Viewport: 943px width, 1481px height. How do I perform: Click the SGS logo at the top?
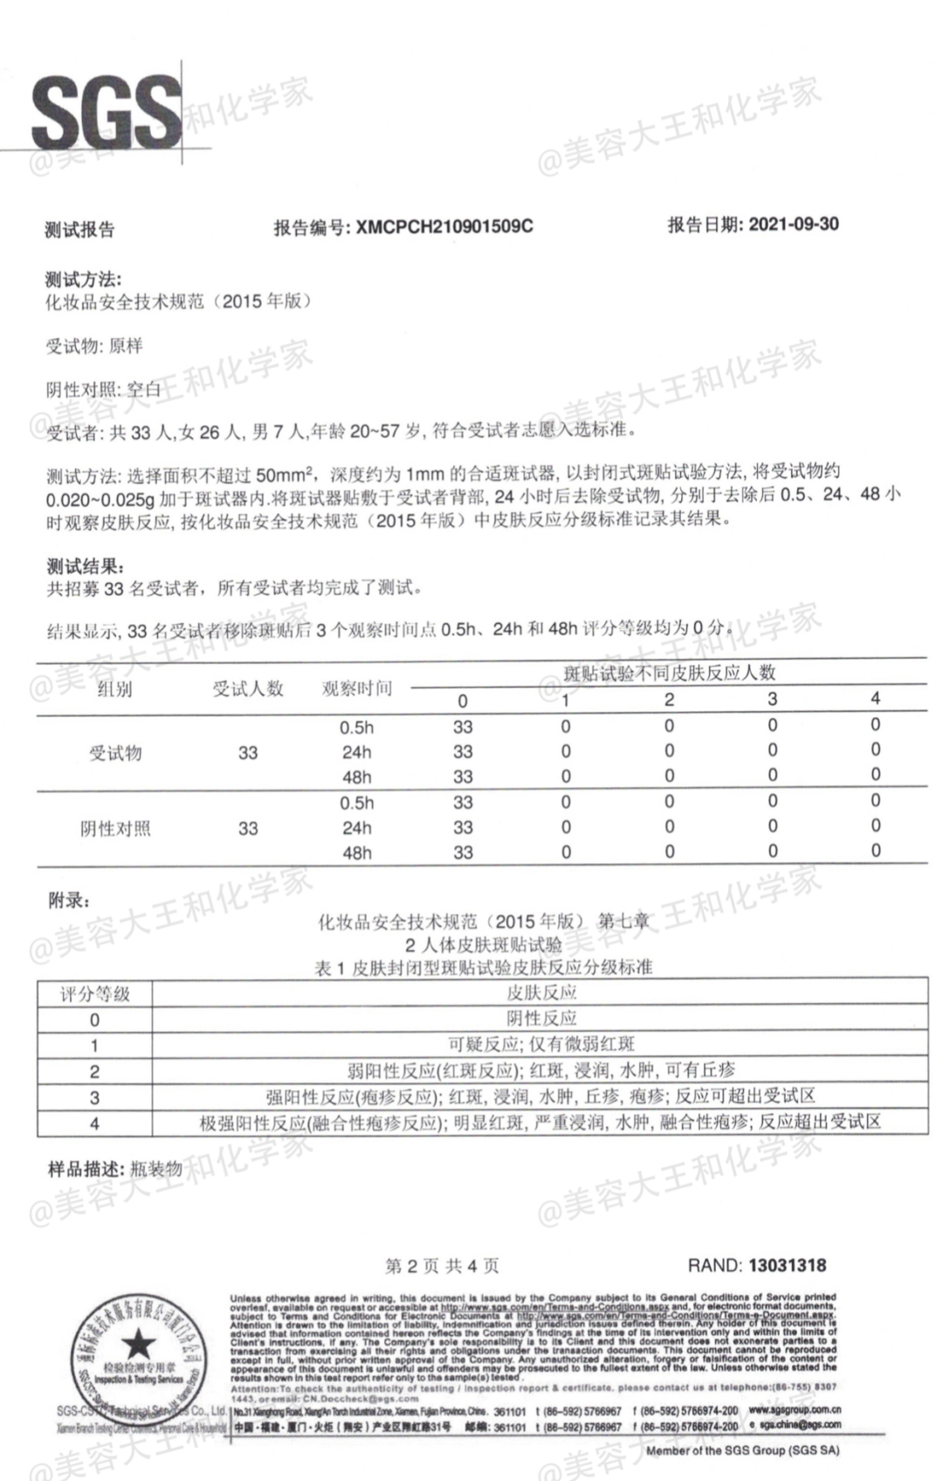(107, 113)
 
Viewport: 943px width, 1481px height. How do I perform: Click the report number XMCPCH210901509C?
(444, 226)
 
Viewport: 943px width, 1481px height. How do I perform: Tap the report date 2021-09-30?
(794, 224)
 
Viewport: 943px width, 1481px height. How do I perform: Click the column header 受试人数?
(248, 689)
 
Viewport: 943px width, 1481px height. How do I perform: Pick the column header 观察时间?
(356, 689)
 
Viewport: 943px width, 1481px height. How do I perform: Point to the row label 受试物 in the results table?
(115, 752)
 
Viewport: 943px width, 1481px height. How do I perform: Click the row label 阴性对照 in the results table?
(115, 828)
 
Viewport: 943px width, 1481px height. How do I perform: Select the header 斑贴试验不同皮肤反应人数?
(669, 673)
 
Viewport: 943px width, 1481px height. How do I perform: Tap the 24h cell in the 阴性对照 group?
(356, 828)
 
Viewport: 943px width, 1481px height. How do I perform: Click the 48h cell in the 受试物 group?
(356, 778)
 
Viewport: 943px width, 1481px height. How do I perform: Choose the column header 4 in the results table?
(875, 698)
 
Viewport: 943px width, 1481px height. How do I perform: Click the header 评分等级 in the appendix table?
(94, 993)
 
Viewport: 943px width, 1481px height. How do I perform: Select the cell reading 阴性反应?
(541, 1019)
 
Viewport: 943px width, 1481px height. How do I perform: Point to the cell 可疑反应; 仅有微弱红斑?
(541, 1044)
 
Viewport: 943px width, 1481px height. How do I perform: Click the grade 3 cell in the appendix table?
(94, 1097)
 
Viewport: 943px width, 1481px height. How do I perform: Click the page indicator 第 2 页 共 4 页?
(442, 1266)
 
